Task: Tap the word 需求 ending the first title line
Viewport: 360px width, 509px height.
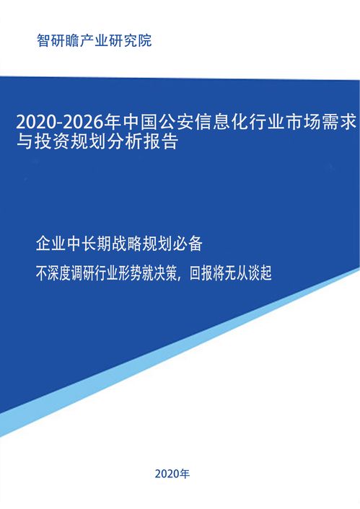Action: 340,123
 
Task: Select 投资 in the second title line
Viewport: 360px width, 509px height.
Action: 52,141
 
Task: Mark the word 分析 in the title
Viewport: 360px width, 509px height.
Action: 125,141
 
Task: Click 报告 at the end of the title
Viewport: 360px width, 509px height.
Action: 161,141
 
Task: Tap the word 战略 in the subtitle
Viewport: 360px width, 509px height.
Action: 127,244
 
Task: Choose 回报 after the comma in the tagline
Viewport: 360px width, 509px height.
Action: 201,273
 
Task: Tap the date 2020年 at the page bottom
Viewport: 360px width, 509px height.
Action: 172,474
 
